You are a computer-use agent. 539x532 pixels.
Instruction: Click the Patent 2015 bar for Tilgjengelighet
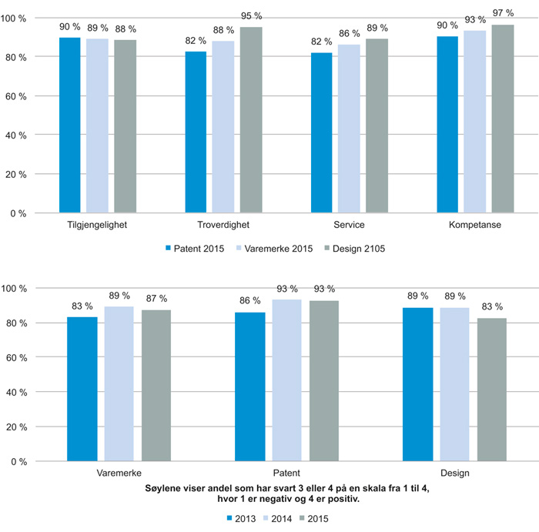70,125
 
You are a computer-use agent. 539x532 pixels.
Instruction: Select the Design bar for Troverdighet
251,119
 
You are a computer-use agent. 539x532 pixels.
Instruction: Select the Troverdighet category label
223,225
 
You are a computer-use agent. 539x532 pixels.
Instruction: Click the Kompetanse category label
475,225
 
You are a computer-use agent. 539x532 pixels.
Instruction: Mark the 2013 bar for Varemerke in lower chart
82,389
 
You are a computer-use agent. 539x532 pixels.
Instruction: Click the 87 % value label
157,299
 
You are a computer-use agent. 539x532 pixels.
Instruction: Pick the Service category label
350,225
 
